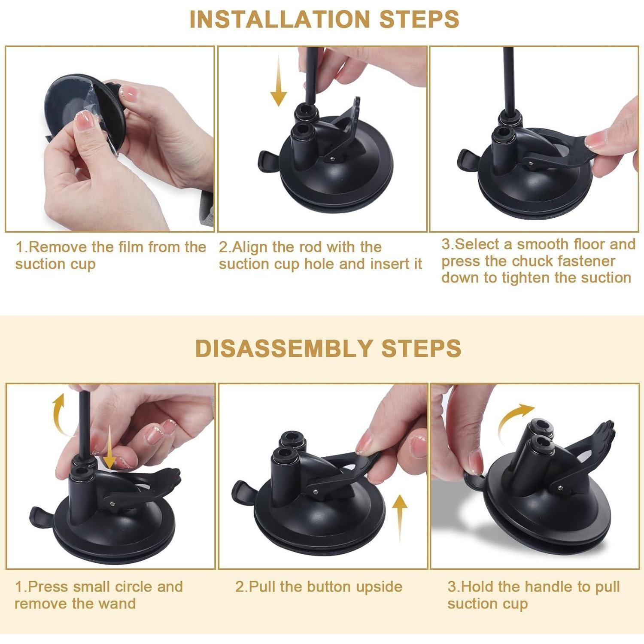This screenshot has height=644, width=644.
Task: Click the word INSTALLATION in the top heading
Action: tap(279, 19)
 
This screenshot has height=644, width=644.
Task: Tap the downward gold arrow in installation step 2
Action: tap(279, 83)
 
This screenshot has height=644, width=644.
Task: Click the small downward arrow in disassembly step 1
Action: tap(110, 447)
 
